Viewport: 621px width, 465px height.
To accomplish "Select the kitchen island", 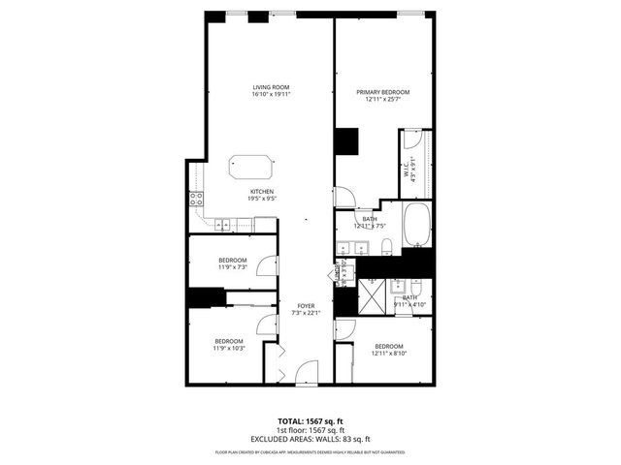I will click(251, 166).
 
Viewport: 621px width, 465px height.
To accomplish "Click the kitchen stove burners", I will click(196, 201).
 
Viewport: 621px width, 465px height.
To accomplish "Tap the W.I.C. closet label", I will click(410, 170).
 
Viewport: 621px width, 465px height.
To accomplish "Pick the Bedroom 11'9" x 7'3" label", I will click(232, 263).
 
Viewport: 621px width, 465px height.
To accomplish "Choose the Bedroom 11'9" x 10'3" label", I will click(229, 344).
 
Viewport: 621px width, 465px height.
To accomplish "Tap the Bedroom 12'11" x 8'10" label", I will click(388, 350).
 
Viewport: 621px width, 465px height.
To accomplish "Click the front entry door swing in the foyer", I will click(307, 371).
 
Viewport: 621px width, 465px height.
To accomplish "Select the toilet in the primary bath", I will click(385, 244).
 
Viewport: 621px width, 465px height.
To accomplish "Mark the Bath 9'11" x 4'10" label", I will click(409, 301).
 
